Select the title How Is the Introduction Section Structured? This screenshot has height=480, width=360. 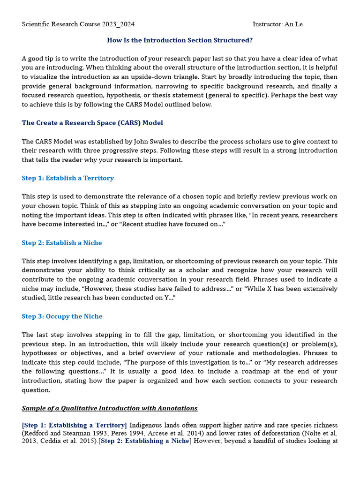[180, 40]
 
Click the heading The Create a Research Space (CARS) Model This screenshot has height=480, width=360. [92, 123]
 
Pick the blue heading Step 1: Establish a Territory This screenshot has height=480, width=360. [67, 178]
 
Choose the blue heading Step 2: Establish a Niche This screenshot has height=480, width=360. [61, 243]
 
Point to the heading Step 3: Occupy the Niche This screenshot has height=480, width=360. [62, 316]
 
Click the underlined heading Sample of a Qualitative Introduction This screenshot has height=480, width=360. [109, 408]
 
